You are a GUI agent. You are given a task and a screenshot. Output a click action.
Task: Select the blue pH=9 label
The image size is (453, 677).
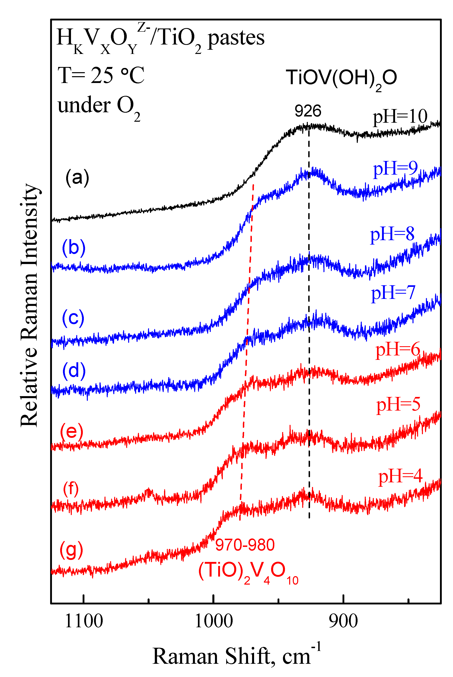(x=395, y=168)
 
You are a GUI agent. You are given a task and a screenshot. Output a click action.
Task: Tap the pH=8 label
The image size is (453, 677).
(x=392, y=234)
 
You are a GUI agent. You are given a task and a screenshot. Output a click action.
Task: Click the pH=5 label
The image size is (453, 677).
(x=398, y=405)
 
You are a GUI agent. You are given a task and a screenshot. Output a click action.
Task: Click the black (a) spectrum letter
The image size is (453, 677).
(x=77, y=178)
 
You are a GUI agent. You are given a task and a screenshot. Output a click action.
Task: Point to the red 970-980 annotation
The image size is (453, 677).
(x=245, y=545)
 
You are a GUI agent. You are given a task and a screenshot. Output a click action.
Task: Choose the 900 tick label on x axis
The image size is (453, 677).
(x=343, y=621)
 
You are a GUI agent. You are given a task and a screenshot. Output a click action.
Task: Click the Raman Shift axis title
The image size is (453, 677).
(x=236, y=656)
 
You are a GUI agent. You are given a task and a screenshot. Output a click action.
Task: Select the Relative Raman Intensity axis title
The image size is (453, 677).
(x=29, y=305)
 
